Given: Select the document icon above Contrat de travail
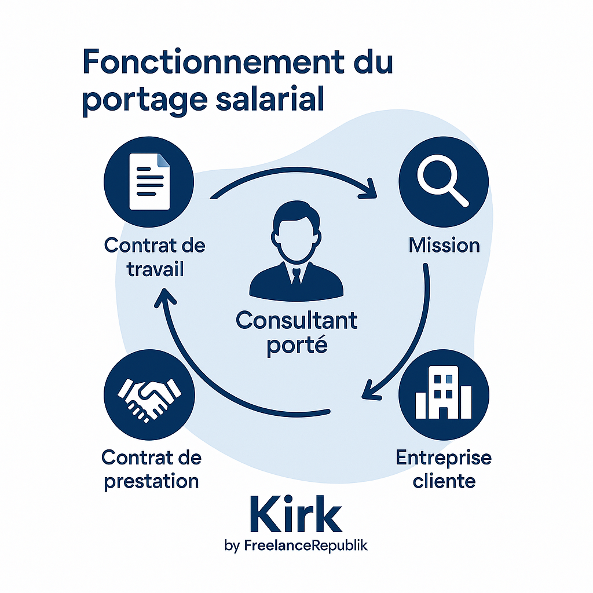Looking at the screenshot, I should (149, 181).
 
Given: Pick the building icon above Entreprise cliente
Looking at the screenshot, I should (444, 394).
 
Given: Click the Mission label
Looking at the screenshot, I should (444, 245).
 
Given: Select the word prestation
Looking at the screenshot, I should (152, 481).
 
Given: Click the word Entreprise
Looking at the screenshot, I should (444, 457).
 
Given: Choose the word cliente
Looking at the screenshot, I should (444, 481).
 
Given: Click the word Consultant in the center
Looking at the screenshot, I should (296, 320).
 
